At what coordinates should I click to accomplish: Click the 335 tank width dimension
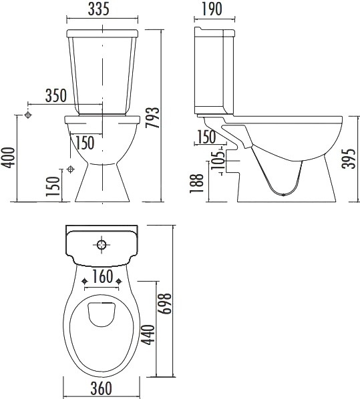tap(99, 9)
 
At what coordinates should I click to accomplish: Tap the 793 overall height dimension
tap(153, 117)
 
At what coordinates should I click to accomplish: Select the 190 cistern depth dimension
tap(212, 9)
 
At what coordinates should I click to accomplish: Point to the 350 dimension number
tap(56, 95)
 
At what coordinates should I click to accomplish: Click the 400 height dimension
tap(8, 157)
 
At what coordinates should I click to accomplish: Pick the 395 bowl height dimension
tap(348, 159)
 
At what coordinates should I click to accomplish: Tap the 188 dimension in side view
tap(196, 183)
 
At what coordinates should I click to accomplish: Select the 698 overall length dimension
tap(164, 304)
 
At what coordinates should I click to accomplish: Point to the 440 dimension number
tap(148, 335)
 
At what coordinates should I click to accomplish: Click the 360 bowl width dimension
tap(101, 388)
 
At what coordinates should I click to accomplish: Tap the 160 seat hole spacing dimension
tap(102, 277)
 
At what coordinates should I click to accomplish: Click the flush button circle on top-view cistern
tap(102, 245)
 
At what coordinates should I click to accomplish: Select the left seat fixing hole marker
tap(84, 281)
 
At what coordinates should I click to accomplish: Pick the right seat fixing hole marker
tap(119, 281)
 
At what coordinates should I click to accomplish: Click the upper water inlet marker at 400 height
tap(28, 115)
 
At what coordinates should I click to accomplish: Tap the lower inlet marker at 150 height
tap(71, 169)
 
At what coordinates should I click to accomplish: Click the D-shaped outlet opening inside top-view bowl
tap(102, 314)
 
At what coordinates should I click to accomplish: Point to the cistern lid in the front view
tap(102, 33)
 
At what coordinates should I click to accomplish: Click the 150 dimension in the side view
tap(206, 137)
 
